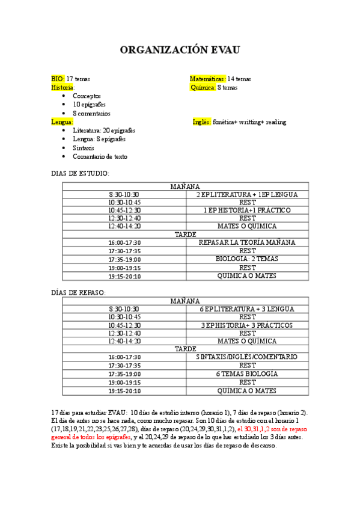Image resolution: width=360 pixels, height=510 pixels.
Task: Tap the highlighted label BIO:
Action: pyautogui.click(x=58, y=79)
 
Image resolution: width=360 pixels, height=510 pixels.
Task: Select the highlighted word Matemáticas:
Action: pyautogui.click(x=208, y=79)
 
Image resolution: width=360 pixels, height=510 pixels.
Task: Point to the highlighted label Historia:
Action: pyautogui.click(x=63, y=87)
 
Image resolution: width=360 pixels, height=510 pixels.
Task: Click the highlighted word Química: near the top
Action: pyautogui.click(x=203, y=87)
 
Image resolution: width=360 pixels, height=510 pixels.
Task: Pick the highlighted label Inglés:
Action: pyautogui.click(x=201, y=122)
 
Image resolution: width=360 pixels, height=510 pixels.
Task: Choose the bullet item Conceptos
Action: pyautogui.click(x=87, y=96)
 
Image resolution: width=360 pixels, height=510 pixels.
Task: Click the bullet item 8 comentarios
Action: pyautogui.click(x=91, y=114)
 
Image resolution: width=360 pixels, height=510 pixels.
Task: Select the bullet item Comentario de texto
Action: pyautogui.click(x=100, y=157)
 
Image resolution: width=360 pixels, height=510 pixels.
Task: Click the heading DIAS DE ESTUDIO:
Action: pyautogui.click(x=80, y=173)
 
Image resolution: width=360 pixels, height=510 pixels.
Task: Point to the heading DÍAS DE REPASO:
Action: pyautogui.click(x=79, y=292)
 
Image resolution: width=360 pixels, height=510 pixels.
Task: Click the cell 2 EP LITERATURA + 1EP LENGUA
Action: pyautogui.click(x=247, y=195)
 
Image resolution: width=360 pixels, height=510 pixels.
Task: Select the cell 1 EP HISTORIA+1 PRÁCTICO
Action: pyautogui.click(x=247, y=210)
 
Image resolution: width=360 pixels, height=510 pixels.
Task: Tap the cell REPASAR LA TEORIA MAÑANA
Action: pyautogui.click(x=247, y=242)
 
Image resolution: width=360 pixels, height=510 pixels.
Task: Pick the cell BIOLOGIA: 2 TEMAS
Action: pyautogui.click(x=247, y=259)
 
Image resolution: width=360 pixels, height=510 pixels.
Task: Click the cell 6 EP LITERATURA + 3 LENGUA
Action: pyautogui.click(x=247, y=309)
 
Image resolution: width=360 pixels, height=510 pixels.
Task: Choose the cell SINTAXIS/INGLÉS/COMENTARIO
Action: pyautogui.click(x=247, y=357)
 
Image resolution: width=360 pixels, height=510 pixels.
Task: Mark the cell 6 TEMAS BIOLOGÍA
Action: pyautogui.click(x=247, y=373)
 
